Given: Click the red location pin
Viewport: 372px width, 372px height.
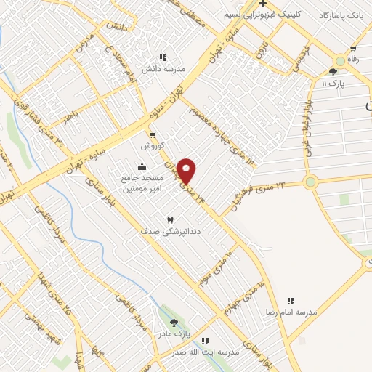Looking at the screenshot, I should (x=187, y=171).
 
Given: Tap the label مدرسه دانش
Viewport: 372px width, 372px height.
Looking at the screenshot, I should (x=160, y=69).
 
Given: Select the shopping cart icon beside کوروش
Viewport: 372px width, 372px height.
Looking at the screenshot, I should (x=153, y=134).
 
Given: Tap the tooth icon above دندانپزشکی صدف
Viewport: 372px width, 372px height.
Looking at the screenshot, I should (x=171, y=219).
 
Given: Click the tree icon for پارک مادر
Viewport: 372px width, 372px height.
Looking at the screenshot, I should (x=173, y=323).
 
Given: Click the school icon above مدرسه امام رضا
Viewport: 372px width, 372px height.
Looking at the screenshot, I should (x=291, y=300).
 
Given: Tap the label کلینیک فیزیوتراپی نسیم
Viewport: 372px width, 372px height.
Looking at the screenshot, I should (x=274, y=15).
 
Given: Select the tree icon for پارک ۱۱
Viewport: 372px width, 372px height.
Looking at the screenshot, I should (x=333, y=71).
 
